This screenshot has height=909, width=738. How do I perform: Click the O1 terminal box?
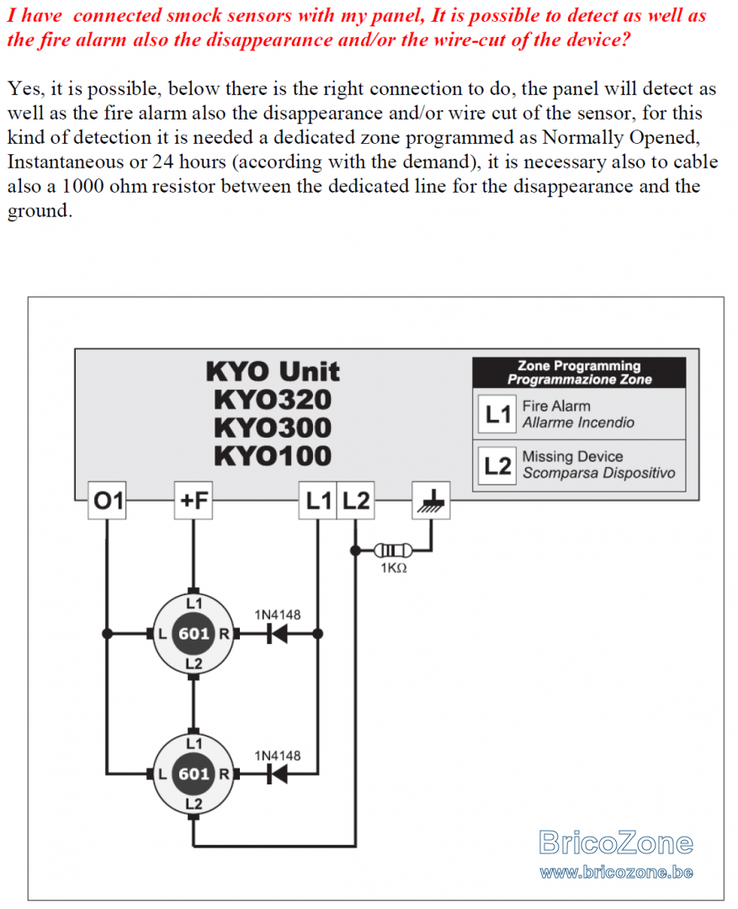pyautogui.click(x=107, y=500)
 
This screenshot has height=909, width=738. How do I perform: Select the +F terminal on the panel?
pyautogui.click(x=194, y=500)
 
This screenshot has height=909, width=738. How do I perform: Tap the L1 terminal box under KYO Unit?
pyautogui.click(x=318, y=500)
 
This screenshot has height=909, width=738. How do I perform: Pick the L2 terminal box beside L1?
pyautogui.click(x=355, y=500)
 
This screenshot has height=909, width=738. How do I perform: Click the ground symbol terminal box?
pyautogui.click(x=431, y=500)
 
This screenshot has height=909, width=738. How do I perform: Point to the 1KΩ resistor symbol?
pyautogui.click(x=394, y=550)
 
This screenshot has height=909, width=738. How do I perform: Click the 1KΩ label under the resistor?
pyautogui.click(x=394, y=568)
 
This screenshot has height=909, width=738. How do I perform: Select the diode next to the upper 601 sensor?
pyautogui.click(x=277, y=634)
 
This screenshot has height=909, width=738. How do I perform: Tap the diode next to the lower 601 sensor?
pyautogui.click(x=277, y=773)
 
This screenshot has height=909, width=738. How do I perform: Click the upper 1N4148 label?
pyautogui.click(x=278, y=614)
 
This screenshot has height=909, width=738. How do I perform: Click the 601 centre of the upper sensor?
pyautogui.click(x=194, y=634)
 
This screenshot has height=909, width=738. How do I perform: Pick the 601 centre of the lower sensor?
pyautogui.click(x=194, y=774)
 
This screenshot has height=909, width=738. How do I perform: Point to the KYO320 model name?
pyautogui.click(x=273, y=400)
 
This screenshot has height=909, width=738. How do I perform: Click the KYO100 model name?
pyautogui.click(x=273, y=455)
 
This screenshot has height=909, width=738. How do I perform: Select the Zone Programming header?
pyautogui.click(x=579, y=373)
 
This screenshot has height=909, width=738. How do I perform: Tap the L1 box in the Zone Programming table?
pyautogui.click(x=497, y=414)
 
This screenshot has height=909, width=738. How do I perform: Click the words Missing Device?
pyautogui.click(x=573, y=457)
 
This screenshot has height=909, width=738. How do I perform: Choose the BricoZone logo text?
pyautogui.click(x=616, y=843)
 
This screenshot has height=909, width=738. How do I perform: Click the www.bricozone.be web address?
pyautogui.click(x=616, y=872)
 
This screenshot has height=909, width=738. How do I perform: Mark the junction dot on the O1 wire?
pyautogui.click(x=107, y=634)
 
